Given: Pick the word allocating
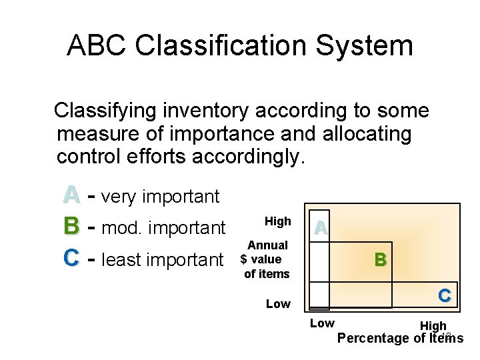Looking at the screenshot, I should pos(367,134).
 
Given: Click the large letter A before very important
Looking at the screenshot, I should pos(72,195).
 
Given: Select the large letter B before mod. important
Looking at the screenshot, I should pos(72,227).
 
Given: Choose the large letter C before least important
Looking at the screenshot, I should pos(72,259).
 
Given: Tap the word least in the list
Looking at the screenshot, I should pos(125,260).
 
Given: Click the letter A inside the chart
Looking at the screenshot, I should pos(321,228).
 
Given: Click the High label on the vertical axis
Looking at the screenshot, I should pos(278,221).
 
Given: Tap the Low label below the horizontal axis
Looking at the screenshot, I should pos(323,323).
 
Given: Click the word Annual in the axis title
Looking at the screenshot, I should pos(267,245).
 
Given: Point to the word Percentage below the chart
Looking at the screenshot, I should pos(371,338).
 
